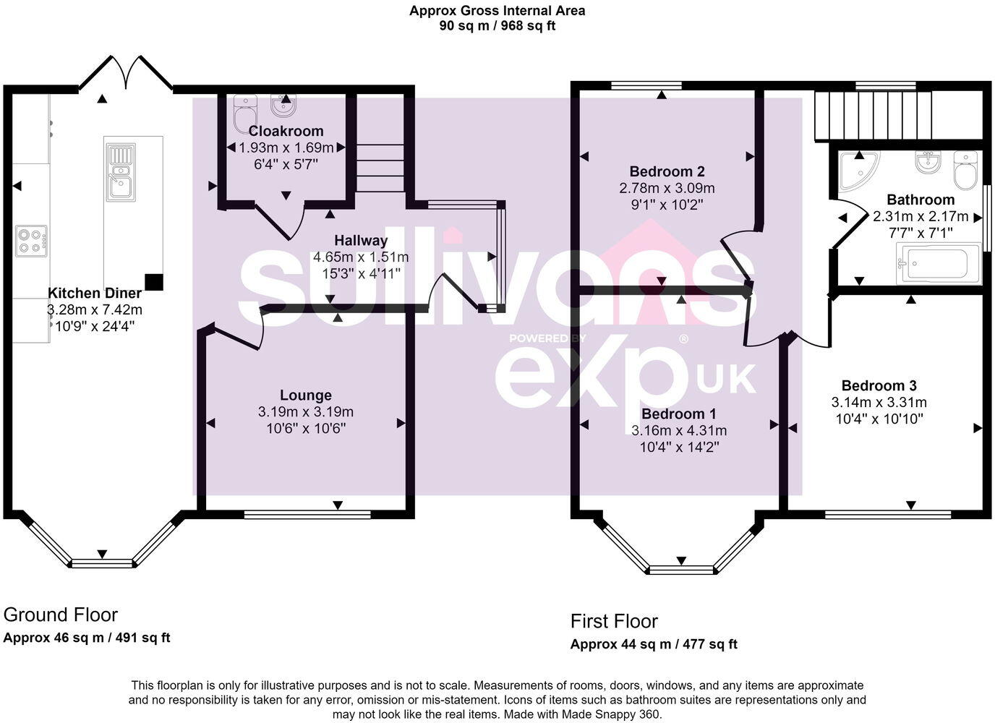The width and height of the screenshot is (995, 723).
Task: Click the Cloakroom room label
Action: pos(286,131)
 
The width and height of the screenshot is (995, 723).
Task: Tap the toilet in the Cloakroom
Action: pos(244,115)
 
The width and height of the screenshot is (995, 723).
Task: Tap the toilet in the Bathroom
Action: pos(965,169)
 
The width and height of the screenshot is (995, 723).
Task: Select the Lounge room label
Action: pos(306,395)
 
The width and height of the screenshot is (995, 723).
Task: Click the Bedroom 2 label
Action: pos(667,171)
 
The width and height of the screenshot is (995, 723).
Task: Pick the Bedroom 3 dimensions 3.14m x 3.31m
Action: pos(879,403)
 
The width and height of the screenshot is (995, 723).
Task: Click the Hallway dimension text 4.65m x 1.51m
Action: pos(360,257)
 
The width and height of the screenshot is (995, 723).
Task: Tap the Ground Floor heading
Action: pos(61,615)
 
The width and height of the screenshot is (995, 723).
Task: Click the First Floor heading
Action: pos(614,621)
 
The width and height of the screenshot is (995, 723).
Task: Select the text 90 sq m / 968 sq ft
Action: pos(497,26)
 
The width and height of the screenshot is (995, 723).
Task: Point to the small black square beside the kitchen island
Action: pos(153,281)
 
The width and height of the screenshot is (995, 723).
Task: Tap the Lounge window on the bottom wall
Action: pos(307,515)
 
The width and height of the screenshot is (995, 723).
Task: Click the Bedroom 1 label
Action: pos(678,414)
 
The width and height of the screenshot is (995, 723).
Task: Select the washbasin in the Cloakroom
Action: pos(285,107)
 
